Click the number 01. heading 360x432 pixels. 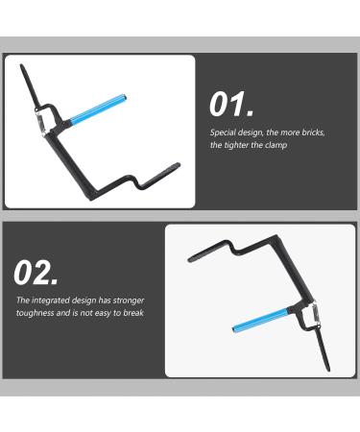(x=231, y=105)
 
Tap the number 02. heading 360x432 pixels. (x=36, y=273)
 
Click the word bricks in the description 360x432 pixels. (x=313, y=132)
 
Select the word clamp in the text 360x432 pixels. (x=276, y=145)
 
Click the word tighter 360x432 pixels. (x=236, y=145)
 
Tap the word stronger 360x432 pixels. (x=129, y=300)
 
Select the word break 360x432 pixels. (x=133, y=313)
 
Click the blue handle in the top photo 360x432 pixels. (x=97, y=109)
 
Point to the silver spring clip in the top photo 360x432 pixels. (x=41, y=122)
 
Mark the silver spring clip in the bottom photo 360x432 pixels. (x=315, y=313)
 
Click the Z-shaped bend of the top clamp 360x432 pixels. (x=135, y=180)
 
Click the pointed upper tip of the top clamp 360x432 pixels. (x=22, y=65)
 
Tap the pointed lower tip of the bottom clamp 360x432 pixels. (x=328, y=371)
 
